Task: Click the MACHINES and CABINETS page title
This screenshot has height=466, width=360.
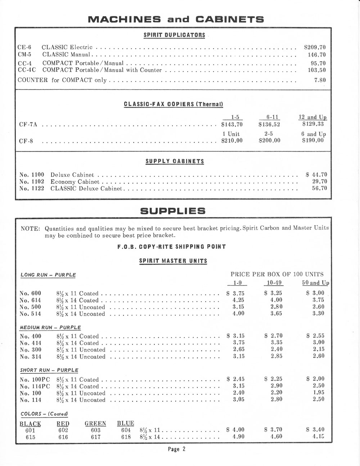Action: pos(176,19)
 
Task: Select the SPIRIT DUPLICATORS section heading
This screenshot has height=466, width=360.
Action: pos(174,35)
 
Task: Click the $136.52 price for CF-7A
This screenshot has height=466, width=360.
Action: pos(269,125)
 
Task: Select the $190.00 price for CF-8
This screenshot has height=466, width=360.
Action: pos(313,140)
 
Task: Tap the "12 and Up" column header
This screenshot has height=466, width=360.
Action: pos(312,117)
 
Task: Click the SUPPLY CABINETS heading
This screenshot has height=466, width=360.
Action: pos(175,161)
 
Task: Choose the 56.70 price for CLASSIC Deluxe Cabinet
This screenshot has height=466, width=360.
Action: pos(319,188)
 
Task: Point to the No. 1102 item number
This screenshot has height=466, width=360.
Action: pos(32,182)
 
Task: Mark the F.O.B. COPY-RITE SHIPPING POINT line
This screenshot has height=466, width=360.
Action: pos(171,247)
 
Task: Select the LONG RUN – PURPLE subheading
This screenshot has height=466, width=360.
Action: pos(48,275)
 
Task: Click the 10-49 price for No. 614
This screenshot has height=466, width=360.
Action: pos(276,300)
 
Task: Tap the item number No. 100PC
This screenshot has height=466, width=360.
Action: pos(35,380)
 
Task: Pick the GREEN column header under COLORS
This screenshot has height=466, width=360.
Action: pos(95,424)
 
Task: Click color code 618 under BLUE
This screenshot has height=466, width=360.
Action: pos(126,437)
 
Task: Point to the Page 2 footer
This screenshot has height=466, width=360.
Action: pos(176,449)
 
